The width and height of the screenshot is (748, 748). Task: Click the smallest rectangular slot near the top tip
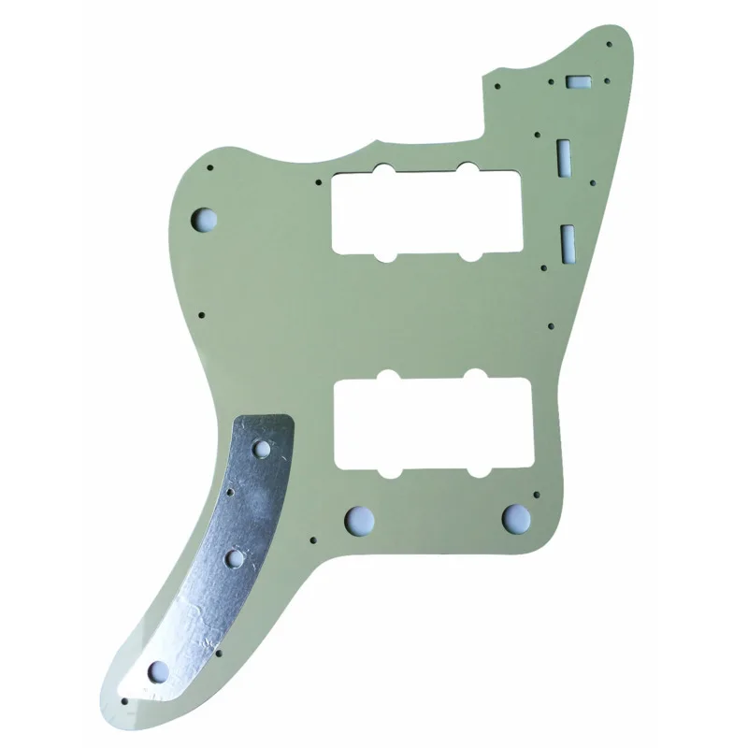click(576, 82)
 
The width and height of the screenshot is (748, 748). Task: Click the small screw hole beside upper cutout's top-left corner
click(319, 179)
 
